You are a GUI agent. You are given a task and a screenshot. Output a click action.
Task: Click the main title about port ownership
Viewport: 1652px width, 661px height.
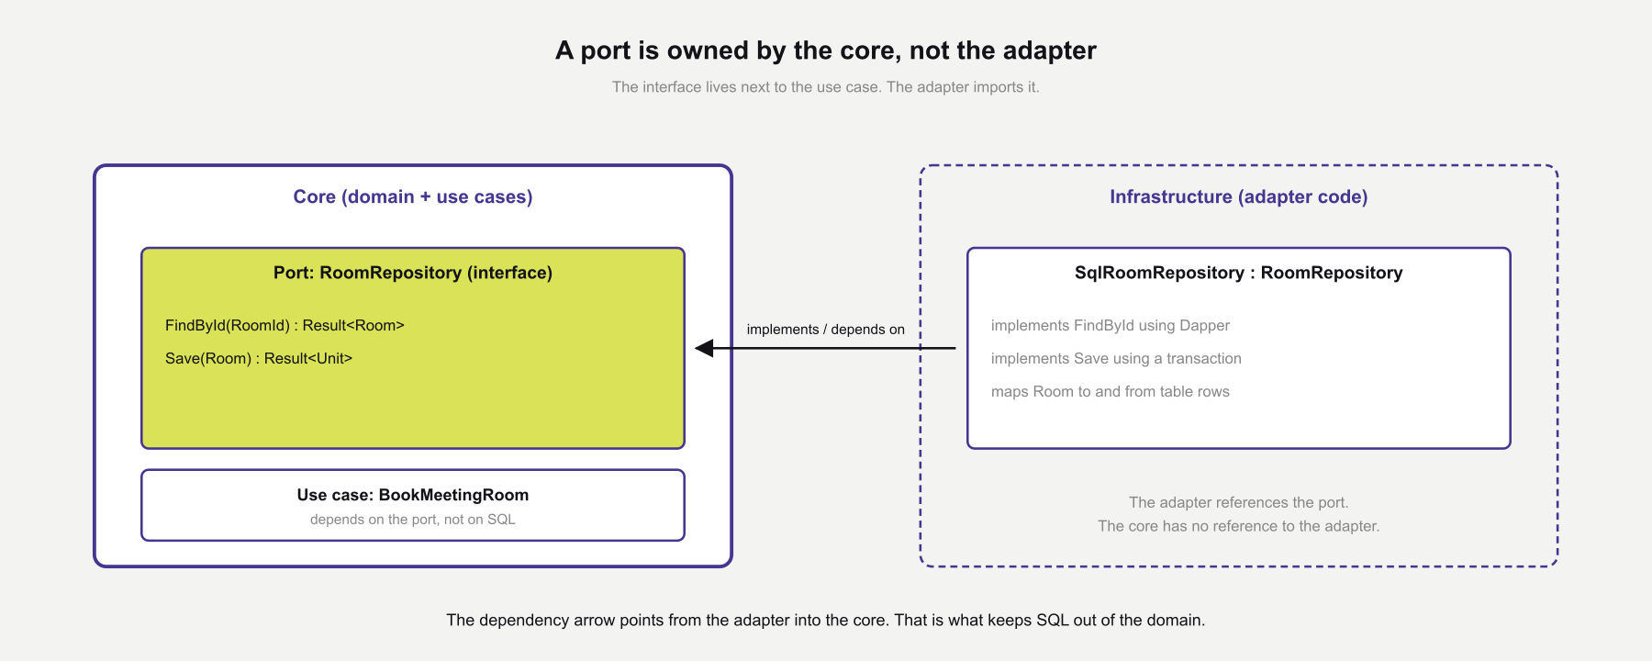825,50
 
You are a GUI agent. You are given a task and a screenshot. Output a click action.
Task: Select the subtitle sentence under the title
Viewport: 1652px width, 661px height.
825,87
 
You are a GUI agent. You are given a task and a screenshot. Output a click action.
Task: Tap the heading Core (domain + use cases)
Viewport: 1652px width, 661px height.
413,196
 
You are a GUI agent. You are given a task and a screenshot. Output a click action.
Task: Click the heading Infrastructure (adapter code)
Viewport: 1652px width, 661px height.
1238,196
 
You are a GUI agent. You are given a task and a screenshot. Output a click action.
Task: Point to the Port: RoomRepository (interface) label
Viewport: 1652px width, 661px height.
413,273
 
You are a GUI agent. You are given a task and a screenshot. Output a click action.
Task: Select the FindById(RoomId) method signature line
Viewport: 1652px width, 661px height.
285,325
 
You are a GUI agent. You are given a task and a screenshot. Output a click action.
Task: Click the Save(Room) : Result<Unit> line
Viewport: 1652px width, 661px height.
259,358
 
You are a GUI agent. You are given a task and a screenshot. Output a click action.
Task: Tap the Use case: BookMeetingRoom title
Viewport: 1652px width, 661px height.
413,495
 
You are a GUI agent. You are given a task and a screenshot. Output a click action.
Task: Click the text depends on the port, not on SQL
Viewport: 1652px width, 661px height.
413,520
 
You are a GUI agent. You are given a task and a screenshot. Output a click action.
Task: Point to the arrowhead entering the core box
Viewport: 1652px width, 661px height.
705,348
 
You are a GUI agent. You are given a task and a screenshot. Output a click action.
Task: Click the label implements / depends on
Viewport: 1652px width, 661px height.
825,330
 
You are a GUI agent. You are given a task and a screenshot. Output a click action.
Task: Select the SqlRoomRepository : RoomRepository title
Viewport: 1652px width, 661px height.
1238,273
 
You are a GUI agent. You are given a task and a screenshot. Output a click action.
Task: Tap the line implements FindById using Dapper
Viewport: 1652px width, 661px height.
1110,325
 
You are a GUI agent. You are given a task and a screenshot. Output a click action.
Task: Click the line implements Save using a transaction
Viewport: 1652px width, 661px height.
1116,358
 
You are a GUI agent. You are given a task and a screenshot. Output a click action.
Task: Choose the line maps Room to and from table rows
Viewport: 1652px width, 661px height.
1110,391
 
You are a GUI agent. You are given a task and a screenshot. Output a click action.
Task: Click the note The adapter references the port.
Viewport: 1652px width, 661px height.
1238,502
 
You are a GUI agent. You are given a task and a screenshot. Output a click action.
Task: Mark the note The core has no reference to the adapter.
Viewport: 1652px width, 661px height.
1238,526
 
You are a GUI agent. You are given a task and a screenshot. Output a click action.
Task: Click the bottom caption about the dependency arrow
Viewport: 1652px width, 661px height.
825,620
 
